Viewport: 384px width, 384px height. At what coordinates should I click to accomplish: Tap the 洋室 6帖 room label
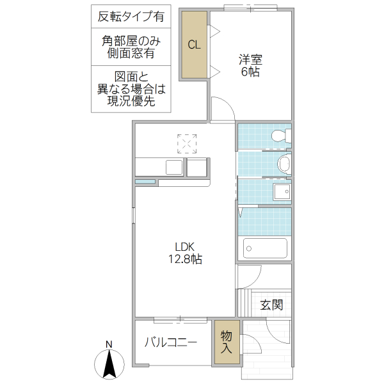click(250, 65)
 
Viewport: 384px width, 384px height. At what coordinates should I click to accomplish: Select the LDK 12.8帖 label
click(186, 253)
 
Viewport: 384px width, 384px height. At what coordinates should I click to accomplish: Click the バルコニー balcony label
click(170, 342)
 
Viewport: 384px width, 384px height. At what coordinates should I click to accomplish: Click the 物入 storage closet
click(226, 342)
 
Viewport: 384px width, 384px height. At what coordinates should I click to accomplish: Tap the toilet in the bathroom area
click(280, 136)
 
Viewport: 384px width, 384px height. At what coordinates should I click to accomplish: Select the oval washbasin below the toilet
click(284, 163)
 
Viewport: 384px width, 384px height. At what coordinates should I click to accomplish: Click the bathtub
click(265, 248)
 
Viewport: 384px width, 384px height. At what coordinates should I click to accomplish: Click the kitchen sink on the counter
click(174, 167)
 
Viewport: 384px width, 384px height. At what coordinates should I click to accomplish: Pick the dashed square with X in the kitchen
click(188, 144)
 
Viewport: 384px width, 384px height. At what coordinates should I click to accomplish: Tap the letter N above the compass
click(109, 344)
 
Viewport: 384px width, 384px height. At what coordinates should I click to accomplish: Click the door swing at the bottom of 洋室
click(221, 108)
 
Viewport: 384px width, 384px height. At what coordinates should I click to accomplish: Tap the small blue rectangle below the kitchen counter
click(145, 182)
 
